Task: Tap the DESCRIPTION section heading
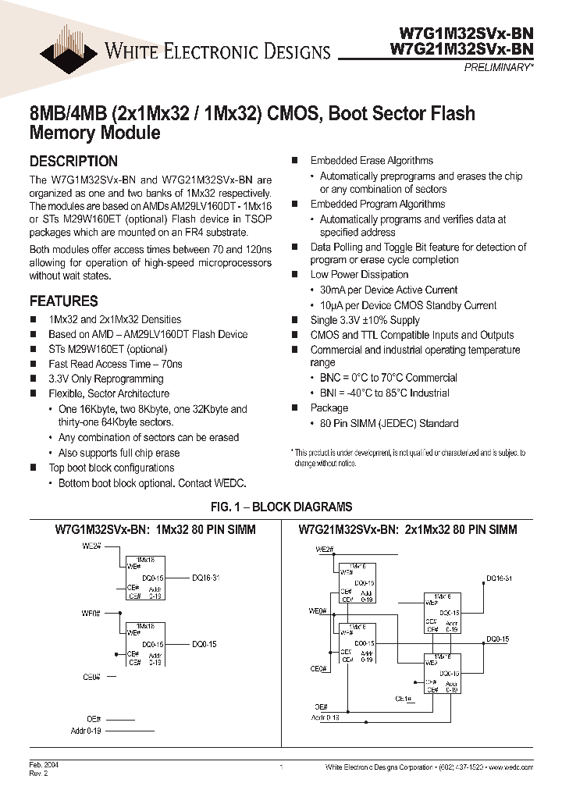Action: tap(73, 162)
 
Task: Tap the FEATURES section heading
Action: tap(63, 301)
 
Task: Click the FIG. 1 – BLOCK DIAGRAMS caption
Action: tap(280, 507)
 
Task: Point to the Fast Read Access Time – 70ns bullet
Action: tap(115, 364)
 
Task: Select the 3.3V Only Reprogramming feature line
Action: tap(105, 379)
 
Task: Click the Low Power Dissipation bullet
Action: tap(359, 275)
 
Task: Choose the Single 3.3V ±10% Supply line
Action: tap(365, 320)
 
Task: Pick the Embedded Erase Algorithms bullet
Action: tap(372, 160)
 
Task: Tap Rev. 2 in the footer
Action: tap(37, 774)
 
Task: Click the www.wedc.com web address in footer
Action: tap(511, 768)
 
